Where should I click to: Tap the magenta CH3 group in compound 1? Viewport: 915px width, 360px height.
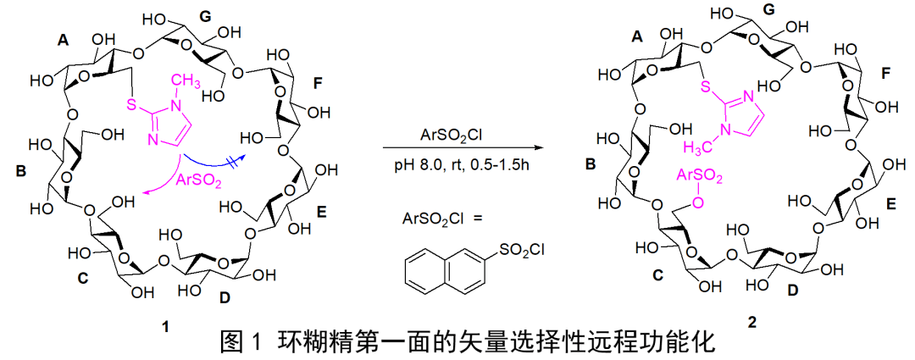(x=189, y=81)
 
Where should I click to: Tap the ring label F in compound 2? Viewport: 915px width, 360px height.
(x=884, y=75)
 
